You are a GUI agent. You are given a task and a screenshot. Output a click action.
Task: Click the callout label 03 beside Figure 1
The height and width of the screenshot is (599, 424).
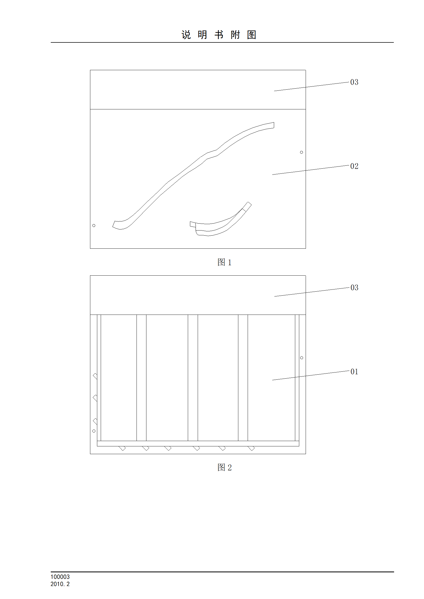[x=354, y=82]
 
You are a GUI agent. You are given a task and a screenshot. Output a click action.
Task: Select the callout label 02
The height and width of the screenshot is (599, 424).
[x=354, y=166]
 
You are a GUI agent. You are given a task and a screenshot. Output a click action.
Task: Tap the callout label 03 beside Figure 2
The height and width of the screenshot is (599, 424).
[x=354, y=288]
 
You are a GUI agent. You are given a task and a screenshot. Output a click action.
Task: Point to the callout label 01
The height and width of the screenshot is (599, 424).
[x=354, y=372]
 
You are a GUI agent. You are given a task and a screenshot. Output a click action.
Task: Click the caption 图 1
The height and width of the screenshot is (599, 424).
[x=224, y=262]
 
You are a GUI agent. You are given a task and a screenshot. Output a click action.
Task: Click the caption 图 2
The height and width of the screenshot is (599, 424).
[x=224, y=467]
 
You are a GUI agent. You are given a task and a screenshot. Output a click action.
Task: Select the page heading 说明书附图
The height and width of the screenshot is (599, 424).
[x=219, y=35]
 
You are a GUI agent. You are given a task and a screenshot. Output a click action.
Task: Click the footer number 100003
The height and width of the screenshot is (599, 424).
[x=60, y=577]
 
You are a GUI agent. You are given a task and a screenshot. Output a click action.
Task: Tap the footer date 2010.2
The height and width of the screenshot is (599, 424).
[x=60, y=584]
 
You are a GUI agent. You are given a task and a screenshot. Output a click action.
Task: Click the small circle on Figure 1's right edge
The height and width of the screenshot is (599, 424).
[x=302, y=152]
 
